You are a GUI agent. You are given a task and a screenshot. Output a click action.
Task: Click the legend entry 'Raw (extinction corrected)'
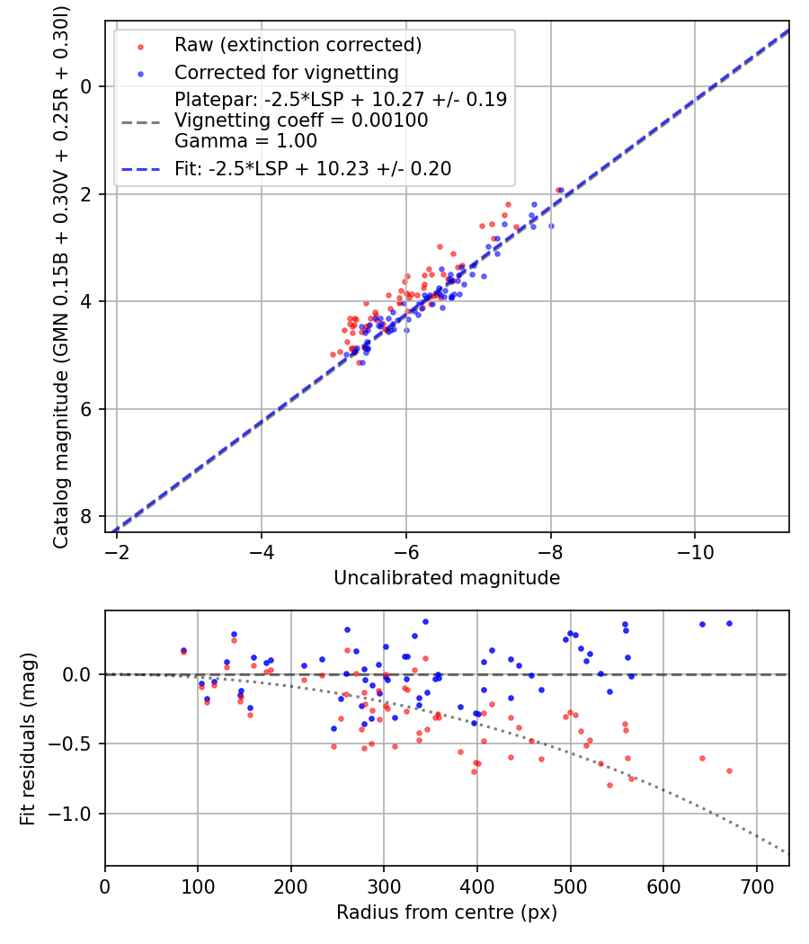(x=298, y=45)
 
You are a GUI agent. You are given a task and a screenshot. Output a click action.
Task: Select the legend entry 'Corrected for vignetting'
(x=286, y=72)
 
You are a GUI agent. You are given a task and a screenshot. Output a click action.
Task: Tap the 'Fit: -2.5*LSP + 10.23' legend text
(x=313, y=168)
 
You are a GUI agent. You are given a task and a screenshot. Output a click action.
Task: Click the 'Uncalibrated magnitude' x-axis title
(x=447, y=578)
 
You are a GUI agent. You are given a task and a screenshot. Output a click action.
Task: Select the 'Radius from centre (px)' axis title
(x=447, y=913)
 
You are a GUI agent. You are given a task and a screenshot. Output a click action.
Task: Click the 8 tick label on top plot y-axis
(x=87, y=516)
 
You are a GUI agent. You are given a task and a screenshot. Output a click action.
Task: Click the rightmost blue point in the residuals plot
(x=729, y=623)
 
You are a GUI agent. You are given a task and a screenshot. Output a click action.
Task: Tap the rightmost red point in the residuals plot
(x=729, y=770)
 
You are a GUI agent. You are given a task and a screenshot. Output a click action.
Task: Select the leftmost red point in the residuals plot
(x=183, y=651)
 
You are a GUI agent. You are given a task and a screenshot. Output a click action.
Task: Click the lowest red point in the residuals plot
(x=609, y=785)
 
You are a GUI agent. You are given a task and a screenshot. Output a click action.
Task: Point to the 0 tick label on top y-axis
(x=87, y=86)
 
